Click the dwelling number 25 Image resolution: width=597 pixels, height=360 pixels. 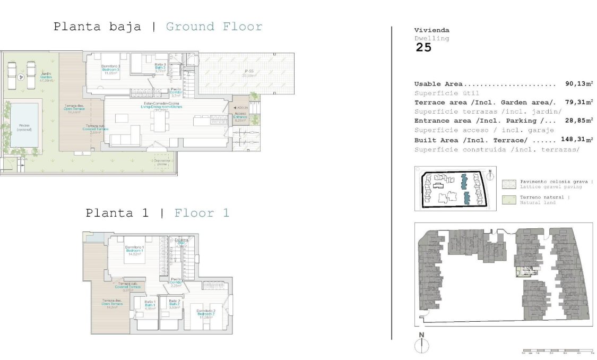(423, 47)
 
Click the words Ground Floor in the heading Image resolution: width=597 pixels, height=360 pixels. (214, 27)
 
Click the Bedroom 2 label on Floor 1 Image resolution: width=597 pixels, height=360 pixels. (206, 314)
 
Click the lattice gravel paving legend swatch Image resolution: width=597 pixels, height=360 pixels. (509, 184)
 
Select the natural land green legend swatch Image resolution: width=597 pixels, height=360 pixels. (509, 200)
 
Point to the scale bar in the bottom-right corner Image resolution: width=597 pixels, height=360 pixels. (557, 351)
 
